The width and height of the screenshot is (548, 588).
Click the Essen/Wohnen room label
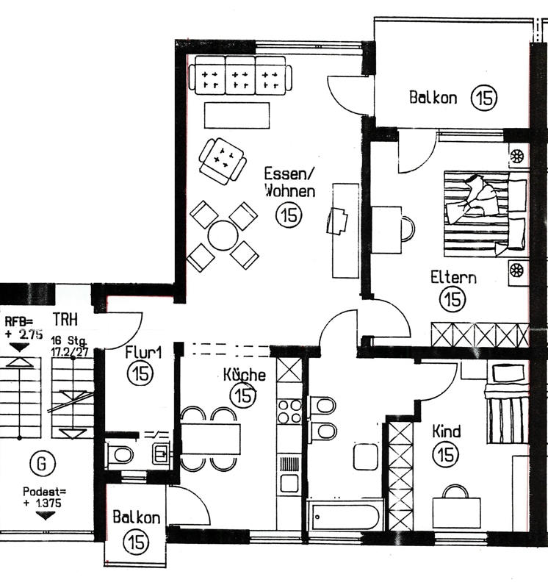tap(289, 182)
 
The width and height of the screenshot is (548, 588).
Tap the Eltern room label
tap(453, 278)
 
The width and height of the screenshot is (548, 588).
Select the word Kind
tap(447, 431)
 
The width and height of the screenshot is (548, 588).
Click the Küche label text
tap(245, 375)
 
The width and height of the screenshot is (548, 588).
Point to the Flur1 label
tap(143, 353)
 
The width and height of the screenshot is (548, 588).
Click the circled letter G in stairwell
tap(43, 464)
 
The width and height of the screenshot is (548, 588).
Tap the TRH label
tap(65, 320)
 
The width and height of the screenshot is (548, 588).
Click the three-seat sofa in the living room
tap(240, 75)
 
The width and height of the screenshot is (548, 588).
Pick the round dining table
tap(223, 235)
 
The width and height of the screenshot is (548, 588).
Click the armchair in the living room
tap(223, 161)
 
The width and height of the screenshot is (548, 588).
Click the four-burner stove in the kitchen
tap(289, 412)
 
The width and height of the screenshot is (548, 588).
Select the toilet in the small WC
tap(120, 455)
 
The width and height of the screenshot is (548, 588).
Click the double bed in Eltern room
tap(486, 214)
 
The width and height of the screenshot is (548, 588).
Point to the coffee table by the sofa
tap(237, 115)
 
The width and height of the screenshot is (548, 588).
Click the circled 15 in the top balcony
tap(484, 98)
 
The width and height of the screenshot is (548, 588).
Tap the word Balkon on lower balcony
tap(137, 518)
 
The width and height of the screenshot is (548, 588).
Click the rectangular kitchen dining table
tap(211, 439)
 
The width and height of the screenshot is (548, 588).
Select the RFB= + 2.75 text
tap(24, 328)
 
